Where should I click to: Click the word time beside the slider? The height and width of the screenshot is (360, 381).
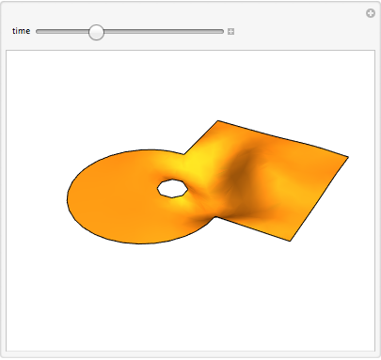(21, 31)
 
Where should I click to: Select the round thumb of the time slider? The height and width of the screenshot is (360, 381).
(96, 31)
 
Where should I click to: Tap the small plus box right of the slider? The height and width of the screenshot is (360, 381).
(231, 31)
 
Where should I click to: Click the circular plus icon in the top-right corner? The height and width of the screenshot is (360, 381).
(371, 13)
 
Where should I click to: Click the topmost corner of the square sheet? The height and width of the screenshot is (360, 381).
(218, 120)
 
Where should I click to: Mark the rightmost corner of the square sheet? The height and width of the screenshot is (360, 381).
(349, 156)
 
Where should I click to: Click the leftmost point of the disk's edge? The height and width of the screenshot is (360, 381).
(67, 198)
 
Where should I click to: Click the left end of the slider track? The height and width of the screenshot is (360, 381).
(38, 31)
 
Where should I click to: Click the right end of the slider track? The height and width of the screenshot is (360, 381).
(223, 31)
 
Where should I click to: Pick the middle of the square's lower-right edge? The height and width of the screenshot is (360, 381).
(320, 198)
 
